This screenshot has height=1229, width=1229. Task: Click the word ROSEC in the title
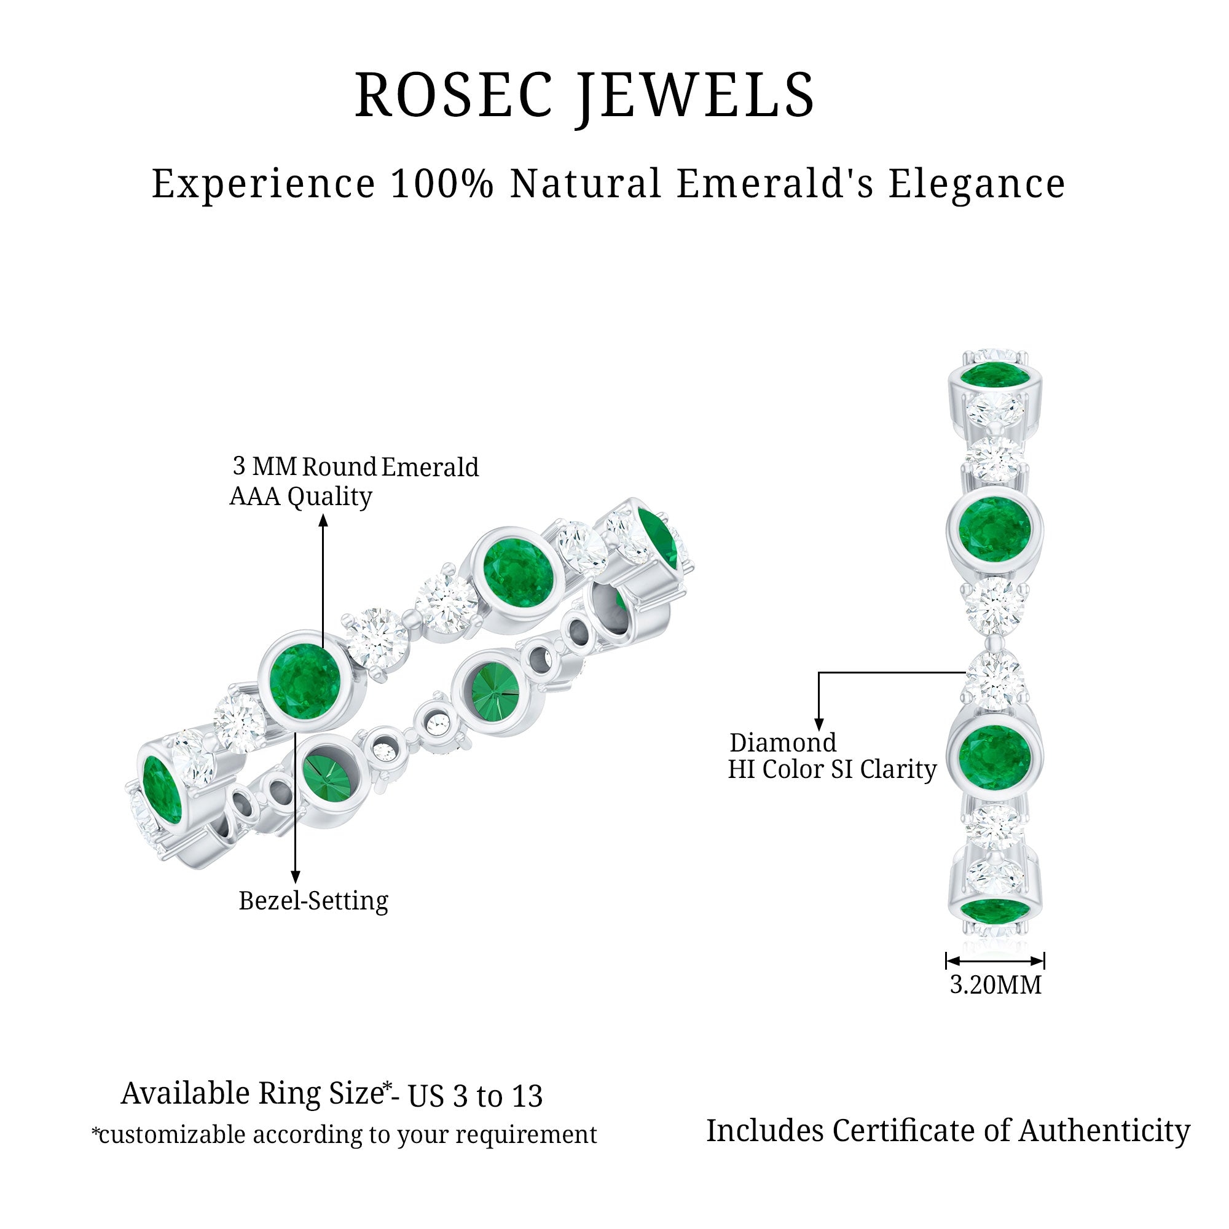[x=453, y=95]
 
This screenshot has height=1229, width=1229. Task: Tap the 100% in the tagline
[x=441, y=184]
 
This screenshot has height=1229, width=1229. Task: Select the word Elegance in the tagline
[x=976, y=185]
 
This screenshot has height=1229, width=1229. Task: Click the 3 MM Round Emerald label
[x=355, y=467]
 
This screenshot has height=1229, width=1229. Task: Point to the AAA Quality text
[x=300, y=497]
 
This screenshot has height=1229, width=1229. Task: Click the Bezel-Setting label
[x=313, y=901]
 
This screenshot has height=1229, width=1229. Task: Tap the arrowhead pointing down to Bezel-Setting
[x=295, y=878]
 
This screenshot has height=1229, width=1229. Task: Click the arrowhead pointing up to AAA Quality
[x=323, y=521]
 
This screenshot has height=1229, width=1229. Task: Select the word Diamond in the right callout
[x=782, y=743]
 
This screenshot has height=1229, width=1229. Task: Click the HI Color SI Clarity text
[x=831, y=770]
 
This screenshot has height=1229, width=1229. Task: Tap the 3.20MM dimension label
[x=995, y=984]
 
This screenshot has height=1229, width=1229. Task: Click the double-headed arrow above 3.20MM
[x=995, y=960]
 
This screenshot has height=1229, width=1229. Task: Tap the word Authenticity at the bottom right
[x=1104, y=1131]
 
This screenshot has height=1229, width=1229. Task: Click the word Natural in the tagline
[x=586, y=184]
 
